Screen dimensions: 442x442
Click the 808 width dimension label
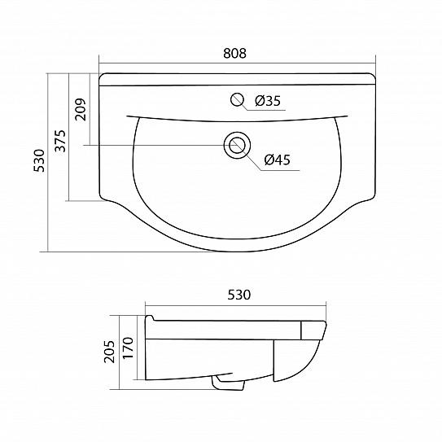(x=234, y=54)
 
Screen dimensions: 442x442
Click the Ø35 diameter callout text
(x=267, y=102)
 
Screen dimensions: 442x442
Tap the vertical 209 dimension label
(x=79, y=108)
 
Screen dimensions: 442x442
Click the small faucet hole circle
(x=237, y=100)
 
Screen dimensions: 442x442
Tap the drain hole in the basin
(x=237, y=146)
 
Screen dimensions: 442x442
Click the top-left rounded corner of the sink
(x=102, y=77)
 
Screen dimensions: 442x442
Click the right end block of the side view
(x=314, y=331)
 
